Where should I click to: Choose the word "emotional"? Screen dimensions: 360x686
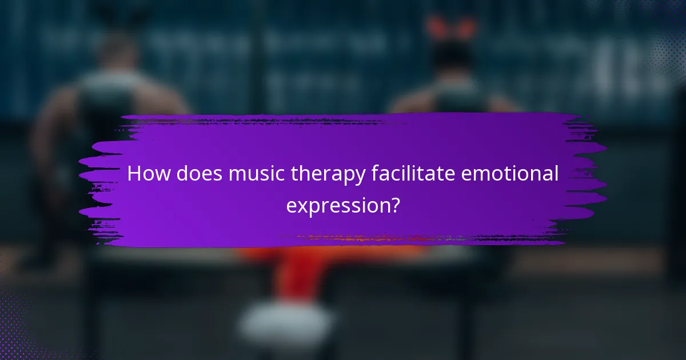click(x=513, y=174)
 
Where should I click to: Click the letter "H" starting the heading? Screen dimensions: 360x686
click(x=134, y=174)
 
